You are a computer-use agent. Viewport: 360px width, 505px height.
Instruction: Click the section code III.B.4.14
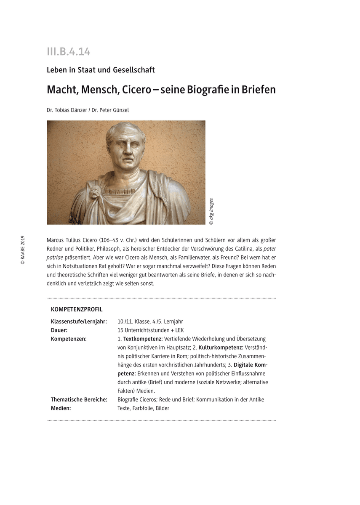point(69,52)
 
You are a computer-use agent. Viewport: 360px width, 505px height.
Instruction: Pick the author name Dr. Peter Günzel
point(113,110)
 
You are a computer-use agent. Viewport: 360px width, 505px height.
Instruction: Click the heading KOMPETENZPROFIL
point(77,309)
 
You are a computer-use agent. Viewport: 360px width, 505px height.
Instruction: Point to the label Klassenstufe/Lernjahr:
point(79,322)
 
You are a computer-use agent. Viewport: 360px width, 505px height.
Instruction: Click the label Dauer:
point(59,330)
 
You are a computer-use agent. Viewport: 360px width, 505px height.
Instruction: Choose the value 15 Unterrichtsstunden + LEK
point(151,330)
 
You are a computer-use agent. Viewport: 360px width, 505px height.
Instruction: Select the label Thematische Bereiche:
point(79,399)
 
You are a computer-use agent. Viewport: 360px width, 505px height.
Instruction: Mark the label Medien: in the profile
point(61,408)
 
